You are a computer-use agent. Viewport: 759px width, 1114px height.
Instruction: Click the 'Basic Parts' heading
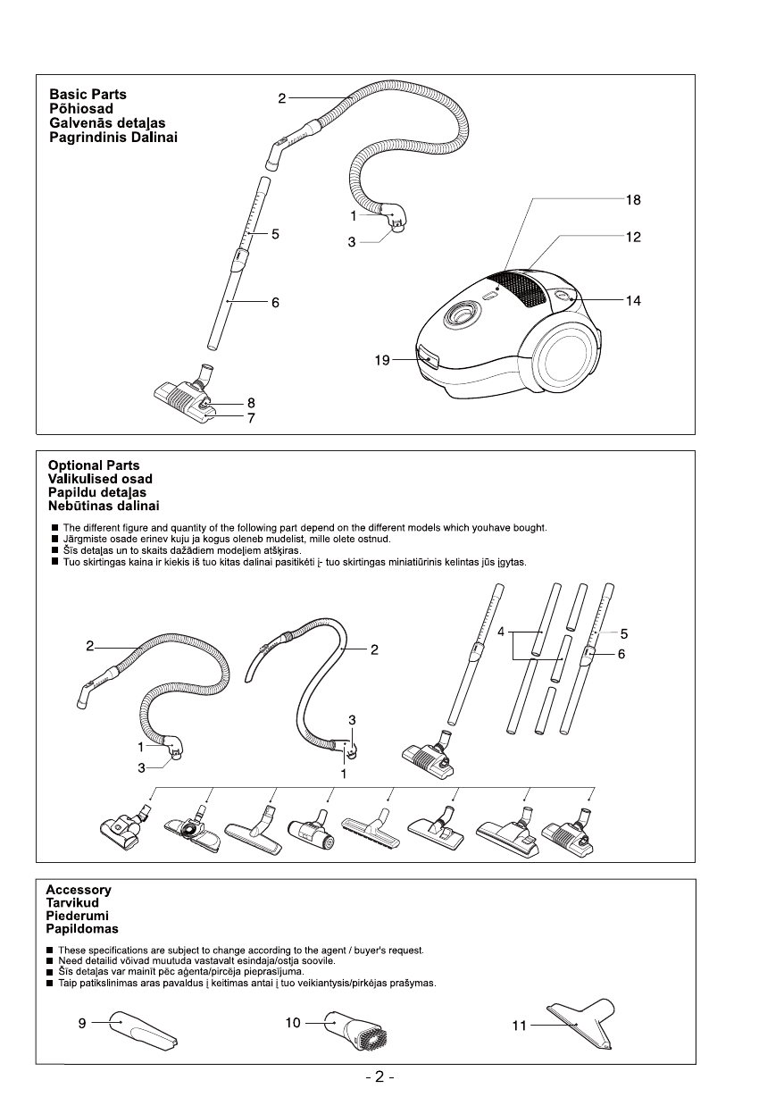88,94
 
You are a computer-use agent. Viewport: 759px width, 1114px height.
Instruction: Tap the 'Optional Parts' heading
94,465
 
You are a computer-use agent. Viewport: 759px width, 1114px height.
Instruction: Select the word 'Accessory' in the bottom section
79,890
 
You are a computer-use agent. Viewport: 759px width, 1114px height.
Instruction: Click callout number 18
633,200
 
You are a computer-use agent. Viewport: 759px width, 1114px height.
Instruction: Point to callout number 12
633,238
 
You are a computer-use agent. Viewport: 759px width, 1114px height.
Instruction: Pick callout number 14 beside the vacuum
633,301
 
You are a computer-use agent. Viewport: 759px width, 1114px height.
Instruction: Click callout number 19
383,360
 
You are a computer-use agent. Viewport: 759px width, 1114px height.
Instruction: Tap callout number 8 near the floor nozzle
252,403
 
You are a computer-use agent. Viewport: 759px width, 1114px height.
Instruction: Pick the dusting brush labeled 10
359,1028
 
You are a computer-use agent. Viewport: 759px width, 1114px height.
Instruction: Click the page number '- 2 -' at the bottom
379,1077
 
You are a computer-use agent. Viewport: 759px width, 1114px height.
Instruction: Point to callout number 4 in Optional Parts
503,632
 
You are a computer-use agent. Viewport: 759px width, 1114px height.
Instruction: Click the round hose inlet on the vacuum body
461,314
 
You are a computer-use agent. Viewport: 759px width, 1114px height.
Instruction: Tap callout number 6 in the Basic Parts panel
276,303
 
